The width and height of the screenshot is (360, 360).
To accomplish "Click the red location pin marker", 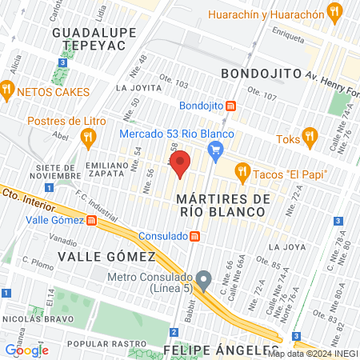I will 182,164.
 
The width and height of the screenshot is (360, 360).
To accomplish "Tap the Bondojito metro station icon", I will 230,106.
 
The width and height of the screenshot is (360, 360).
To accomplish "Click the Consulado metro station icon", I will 194,236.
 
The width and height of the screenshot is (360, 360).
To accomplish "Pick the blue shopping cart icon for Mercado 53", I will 214,149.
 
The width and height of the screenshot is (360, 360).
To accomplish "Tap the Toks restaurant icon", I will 309,139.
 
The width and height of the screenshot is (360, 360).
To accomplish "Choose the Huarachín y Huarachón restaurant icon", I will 335,14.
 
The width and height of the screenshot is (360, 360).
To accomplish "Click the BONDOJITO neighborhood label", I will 261,73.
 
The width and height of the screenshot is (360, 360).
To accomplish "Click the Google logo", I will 26,350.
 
